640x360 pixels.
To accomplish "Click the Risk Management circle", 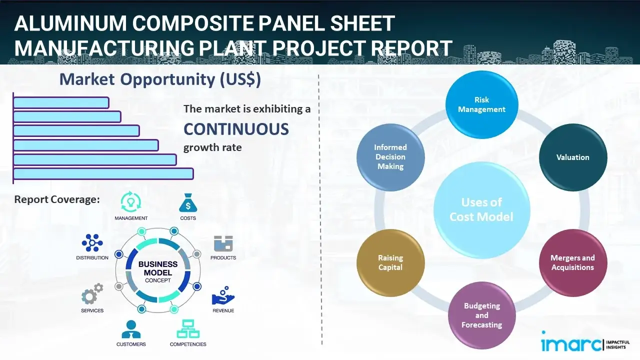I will click(x=481, y=105).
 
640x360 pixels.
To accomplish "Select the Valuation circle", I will click(x=572, y=157).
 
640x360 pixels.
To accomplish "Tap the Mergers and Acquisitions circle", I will click(x=572, y=262).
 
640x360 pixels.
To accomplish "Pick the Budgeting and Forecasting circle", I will click(x=481, y=315).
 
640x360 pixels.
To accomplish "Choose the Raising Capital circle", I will click(x=390, y=262).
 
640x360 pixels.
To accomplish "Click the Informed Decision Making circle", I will click(x=390, y=157).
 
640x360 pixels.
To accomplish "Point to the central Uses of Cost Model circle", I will click(x=481, y=209).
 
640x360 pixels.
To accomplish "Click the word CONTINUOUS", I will click(x=236, y=129).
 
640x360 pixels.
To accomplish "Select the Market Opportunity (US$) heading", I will click(x=160, y=79).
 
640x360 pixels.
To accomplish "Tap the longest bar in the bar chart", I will click(x=103, y=173).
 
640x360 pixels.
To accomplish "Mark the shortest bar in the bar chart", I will click(x=61, y=102).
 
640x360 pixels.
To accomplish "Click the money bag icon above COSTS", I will click(x=187, y=203).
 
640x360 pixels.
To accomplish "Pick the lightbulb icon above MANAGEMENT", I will click(x=131, y=202).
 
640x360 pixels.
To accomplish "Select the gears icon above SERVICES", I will click(x=92, y=295).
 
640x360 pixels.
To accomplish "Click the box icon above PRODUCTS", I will click(x=223, y=244).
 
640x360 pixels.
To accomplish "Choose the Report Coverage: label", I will click(x=57, y=199).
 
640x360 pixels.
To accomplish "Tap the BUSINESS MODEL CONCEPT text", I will click(x=157, y=272).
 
